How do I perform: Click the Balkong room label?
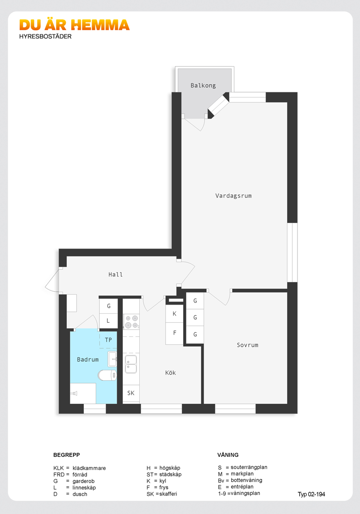203,86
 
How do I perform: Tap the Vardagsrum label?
234,196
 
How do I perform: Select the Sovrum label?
248,345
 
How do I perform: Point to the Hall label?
116,274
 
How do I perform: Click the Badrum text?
88,359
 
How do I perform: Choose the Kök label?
170,373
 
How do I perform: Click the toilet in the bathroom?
107,375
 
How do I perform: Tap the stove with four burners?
131,321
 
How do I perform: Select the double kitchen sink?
131,364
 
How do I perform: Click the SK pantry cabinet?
131,393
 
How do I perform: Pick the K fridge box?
175,314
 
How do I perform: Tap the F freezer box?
175,333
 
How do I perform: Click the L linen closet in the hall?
108,321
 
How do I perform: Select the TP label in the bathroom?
108,340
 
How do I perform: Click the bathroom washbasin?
112,359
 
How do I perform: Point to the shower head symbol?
75,393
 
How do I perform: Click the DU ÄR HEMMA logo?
74,25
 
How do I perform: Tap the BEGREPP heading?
67,455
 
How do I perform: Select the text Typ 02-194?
311,495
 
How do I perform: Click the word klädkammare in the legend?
89,468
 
